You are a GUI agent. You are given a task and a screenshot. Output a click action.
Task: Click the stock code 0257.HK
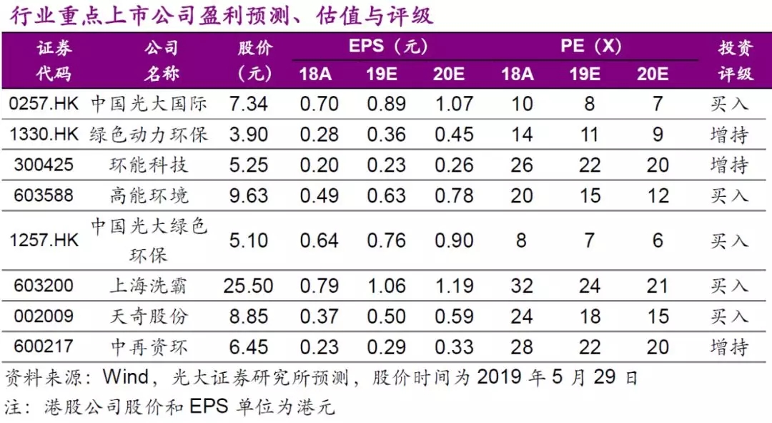(x=43, y=104)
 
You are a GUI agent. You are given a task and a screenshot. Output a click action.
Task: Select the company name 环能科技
(x=149, y=165)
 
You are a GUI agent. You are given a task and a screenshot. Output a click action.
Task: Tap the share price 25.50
(x=248, y=286)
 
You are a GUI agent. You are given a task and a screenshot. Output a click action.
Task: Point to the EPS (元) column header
(x=387, y=47)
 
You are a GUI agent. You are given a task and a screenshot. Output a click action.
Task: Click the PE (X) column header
(x=590, y=47)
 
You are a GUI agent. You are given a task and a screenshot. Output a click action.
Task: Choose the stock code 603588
(x=43, y=195)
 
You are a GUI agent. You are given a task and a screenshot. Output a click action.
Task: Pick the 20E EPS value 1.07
(x=454, y=104)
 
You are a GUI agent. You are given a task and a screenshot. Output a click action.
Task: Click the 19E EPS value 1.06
(x=387, y=286)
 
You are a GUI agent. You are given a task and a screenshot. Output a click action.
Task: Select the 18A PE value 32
(x=522, y=286)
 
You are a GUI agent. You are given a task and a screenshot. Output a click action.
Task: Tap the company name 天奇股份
(x=149, y=316)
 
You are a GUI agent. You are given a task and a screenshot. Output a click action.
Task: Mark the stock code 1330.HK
(x=43, y=135)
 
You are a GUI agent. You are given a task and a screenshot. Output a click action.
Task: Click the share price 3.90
(x=248, y=135)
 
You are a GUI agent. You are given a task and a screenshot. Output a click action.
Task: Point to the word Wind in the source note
(x=125, y=377)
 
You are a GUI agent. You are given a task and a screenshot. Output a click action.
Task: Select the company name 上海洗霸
(x=149, y=286)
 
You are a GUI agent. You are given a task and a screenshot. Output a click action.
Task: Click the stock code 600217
(x=43, y=347)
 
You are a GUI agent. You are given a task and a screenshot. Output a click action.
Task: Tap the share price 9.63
(x=248, y=195)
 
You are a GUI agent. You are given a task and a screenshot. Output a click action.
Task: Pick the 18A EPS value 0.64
(x=319, y=240)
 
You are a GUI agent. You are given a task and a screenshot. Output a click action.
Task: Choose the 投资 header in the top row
(x=735, y=49)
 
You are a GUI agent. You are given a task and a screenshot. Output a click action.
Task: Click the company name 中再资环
(x=149, y=347)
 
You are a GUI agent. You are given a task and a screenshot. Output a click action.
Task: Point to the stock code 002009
(x=43, y=316)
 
